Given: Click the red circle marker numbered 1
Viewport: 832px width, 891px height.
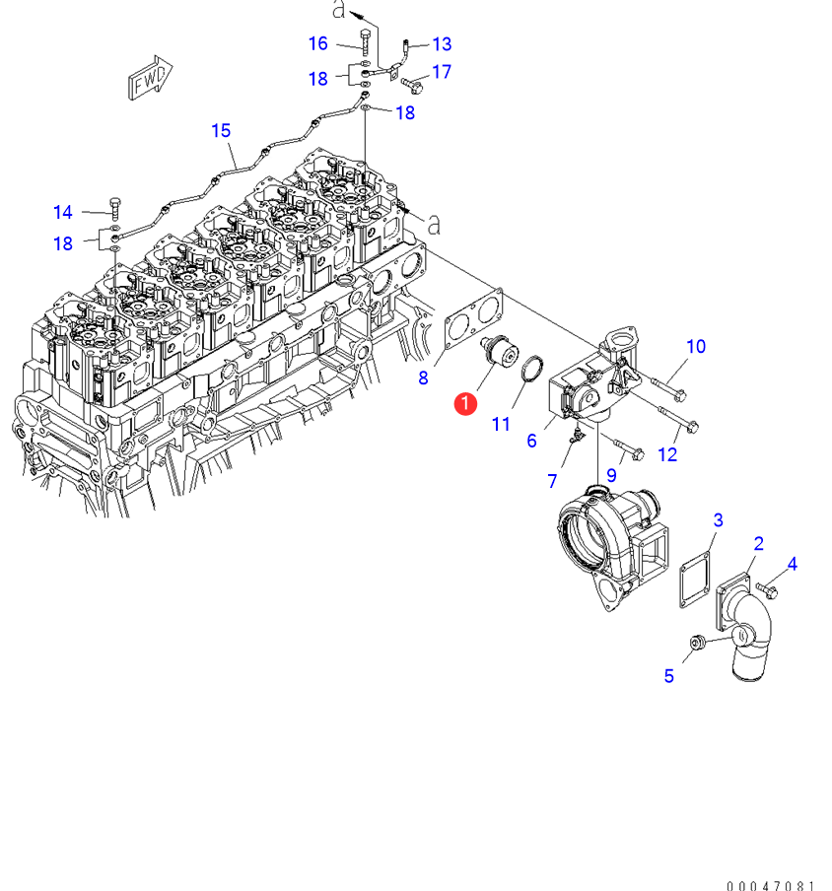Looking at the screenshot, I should pos(464,402).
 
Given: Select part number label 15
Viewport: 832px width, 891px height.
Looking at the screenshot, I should pos(221,130).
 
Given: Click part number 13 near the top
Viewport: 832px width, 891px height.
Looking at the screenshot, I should pos(442,43).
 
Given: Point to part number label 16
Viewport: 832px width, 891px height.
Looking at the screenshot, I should pos(317,43).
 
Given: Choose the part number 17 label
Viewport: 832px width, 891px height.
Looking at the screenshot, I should pos(441,72).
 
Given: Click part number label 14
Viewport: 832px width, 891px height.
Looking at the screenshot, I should pos(63,212).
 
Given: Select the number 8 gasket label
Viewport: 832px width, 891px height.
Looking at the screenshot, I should pos(423,377).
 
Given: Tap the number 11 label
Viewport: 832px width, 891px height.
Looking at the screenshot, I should pos(501,424).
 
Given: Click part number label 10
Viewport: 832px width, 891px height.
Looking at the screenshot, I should pos(696,346).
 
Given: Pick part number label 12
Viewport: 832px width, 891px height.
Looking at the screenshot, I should pos(667,454).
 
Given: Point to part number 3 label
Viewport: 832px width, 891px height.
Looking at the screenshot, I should pos(719,519).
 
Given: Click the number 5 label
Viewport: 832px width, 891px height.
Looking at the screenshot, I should pos(668,675).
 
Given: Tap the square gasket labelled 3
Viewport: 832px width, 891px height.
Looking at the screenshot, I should pos(697,580).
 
